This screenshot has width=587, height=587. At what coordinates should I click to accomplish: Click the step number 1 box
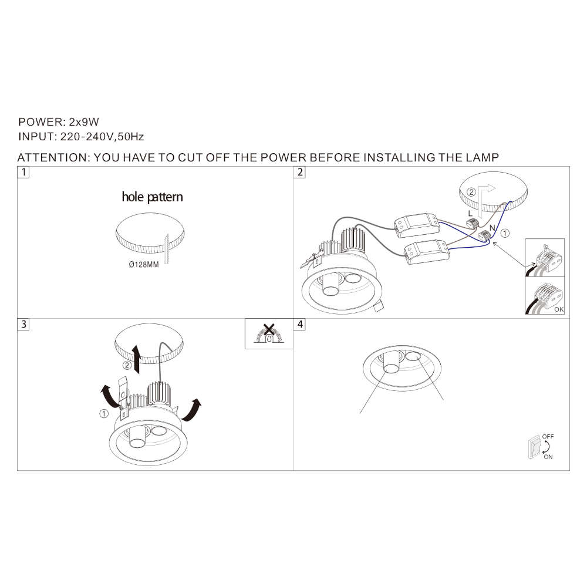(x=23, y=172)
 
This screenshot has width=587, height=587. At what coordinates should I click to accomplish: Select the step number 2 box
(x=299, y=172)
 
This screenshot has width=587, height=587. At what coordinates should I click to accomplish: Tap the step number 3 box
(x=23, y=324)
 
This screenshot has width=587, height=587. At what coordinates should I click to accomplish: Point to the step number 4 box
(x=299, y=324)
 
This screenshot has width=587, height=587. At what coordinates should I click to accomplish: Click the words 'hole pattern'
(x=153, y=197)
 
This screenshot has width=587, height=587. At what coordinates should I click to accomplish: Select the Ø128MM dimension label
(x=144, y=265)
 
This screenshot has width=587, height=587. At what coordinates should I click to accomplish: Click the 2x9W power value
(x=84, y=122)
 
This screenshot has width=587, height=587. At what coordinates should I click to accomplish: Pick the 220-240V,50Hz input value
(x=102, y=137)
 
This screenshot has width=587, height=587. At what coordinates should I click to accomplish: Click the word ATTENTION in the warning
(x=52, y=157)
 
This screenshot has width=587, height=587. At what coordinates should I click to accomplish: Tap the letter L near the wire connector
(x=470, y=214)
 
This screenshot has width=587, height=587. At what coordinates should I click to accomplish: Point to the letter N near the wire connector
(x=492, y=228)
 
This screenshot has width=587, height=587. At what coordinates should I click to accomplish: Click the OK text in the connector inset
(x=559, y=309)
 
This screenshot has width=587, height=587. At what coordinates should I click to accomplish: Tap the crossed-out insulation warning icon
(x=269, y=333)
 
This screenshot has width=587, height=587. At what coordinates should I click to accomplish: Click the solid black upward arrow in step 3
(x=136, y=359)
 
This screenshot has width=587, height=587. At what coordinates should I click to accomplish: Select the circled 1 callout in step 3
(x=104, y=414)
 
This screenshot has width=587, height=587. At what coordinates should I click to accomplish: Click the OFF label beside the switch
(x=548, y=437)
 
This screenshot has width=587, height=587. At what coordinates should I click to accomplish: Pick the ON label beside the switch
(x=548, y=457)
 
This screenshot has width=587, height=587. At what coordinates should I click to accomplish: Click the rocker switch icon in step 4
(x=534, y=448)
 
